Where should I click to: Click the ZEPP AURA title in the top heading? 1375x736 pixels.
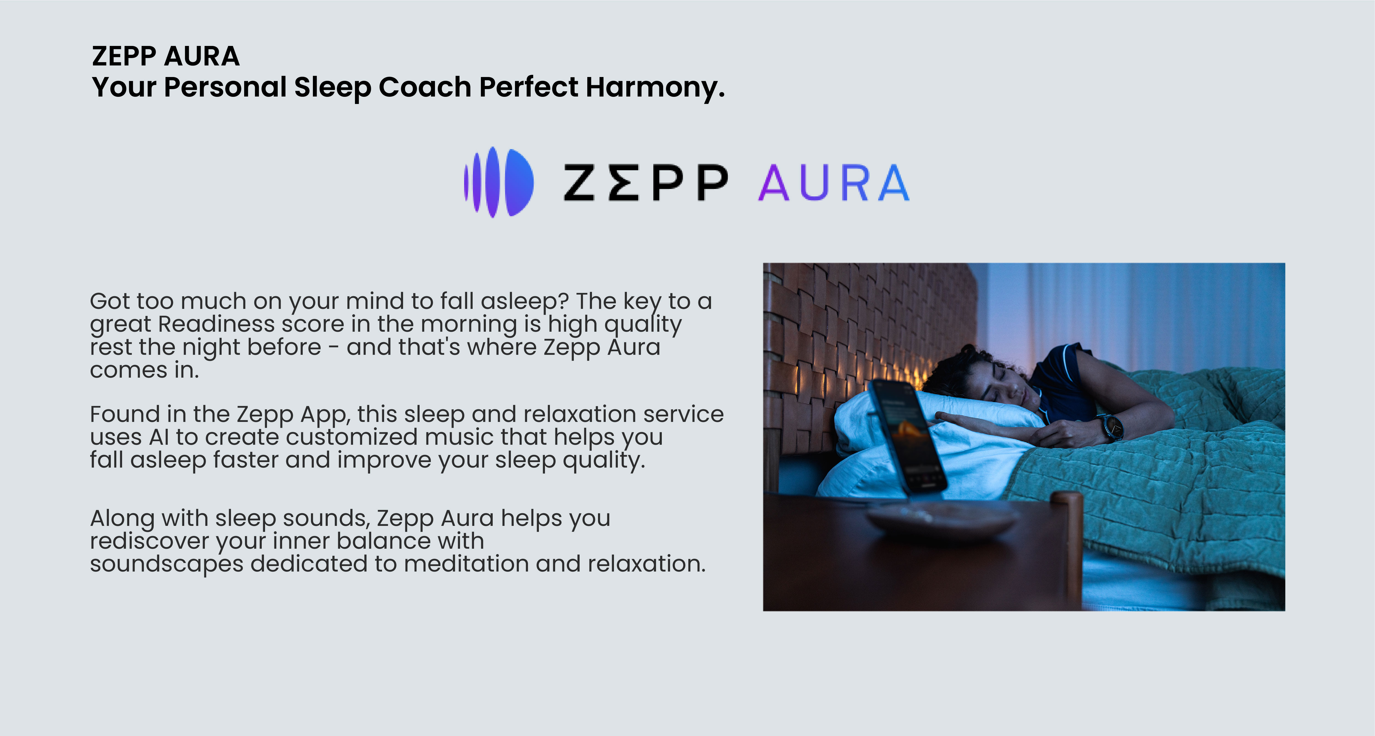[166, 56]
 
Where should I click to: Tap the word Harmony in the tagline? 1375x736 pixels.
[655, 87]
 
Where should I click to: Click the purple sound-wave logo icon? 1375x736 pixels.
[498, 182]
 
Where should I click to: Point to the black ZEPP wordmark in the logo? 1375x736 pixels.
[646, 183]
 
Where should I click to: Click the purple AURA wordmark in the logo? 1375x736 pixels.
[834, 183]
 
